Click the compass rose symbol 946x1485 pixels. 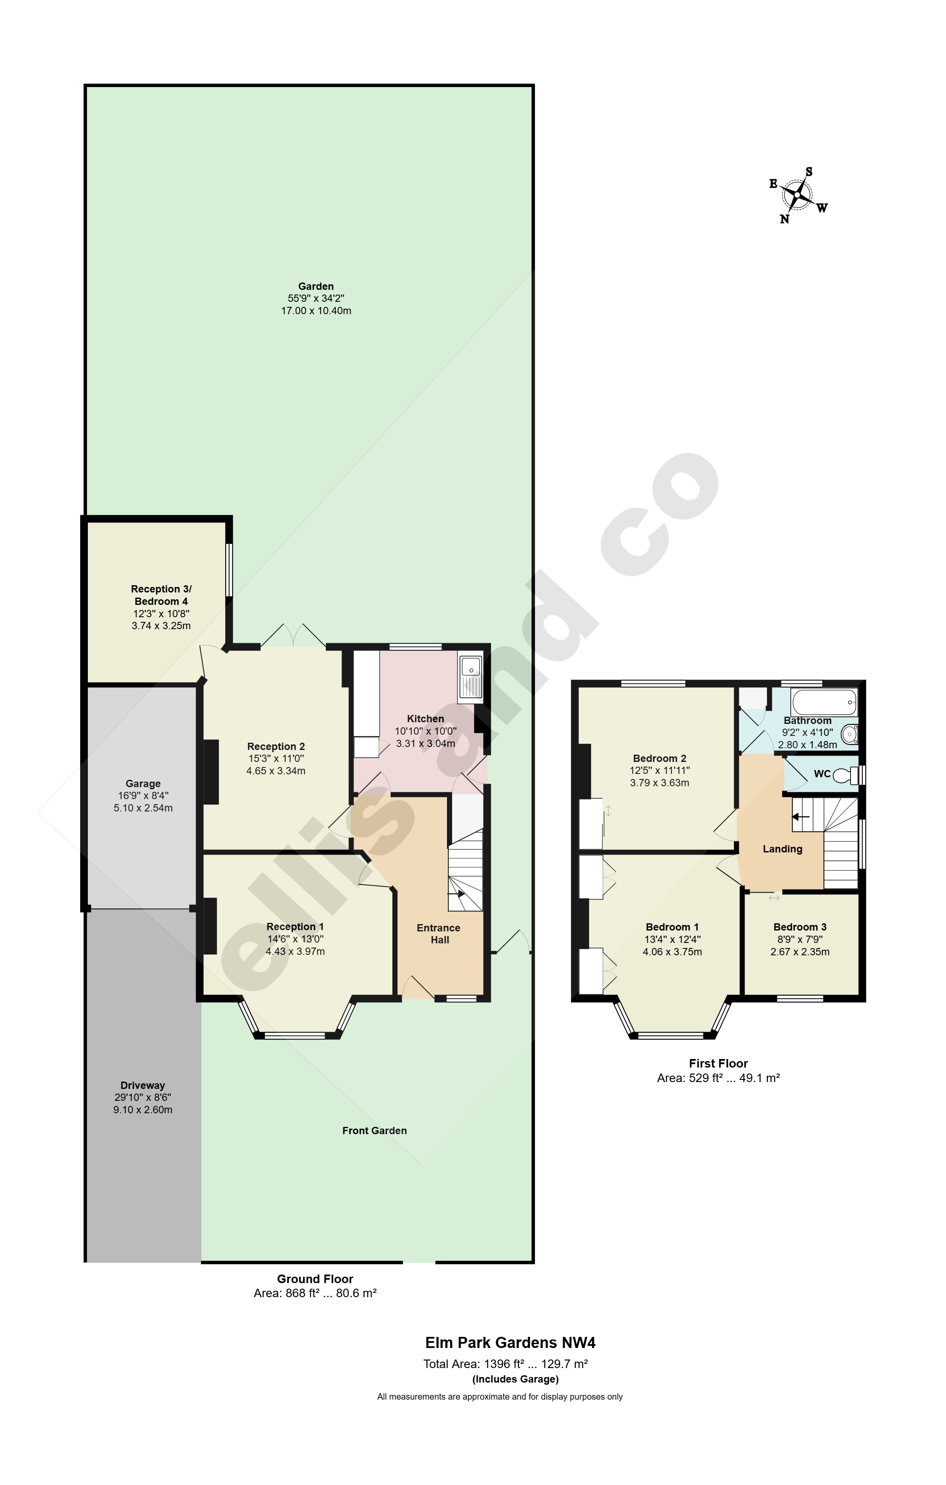pos(798,195)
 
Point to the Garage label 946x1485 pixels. pos(143,784)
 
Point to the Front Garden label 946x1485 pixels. pos(374,1130)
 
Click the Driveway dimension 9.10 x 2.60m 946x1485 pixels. pos(143,1110)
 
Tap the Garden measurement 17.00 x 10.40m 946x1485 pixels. pos(316,311)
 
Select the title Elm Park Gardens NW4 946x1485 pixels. pos(510,1342)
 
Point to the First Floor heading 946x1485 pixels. pos(718,1063)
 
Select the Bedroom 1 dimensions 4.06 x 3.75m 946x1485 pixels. pos(672,951)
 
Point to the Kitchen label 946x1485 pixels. pos(425,718)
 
